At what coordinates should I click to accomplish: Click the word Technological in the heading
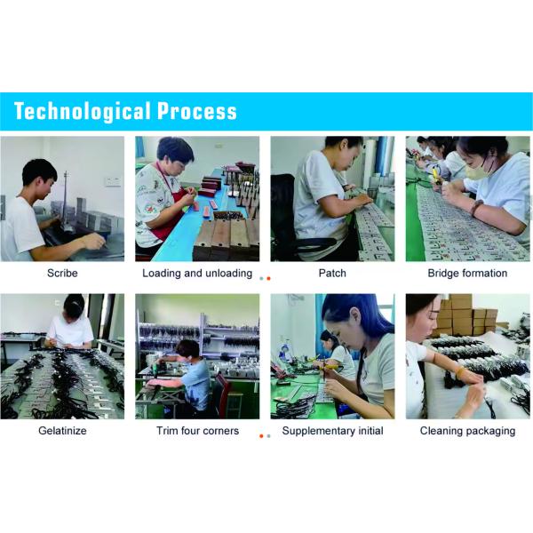click(83, 112)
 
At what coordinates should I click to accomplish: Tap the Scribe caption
click(62, 273)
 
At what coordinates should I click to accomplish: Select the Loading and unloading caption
click(197, 273)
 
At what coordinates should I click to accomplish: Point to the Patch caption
click(332, 273)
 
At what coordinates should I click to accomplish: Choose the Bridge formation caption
click(467, 273)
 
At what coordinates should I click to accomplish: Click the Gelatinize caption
click(62, 431)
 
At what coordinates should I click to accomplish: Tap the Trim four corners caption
click(197, 431)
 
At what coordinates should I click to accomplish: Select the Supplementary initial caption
click(332, 431)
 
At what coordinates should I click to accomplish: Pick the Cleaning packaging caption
click(467, 431)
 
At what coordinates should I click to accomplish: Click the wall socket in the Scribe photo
click(113, 181)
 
